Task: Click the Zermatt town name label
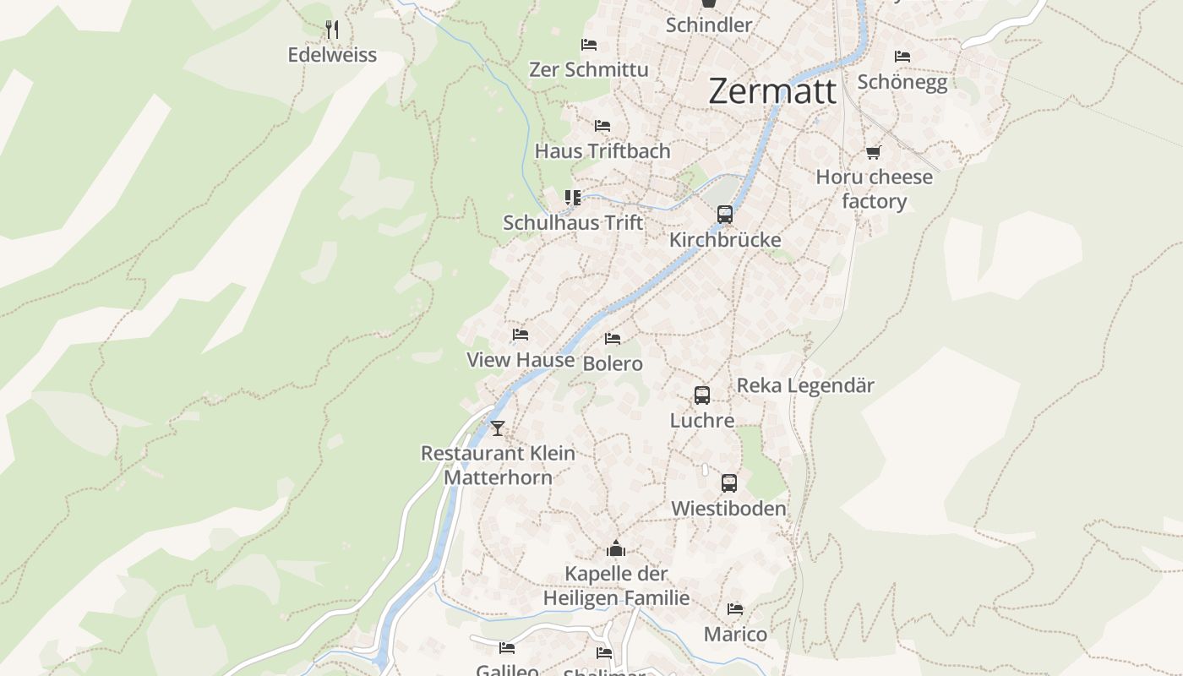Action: (x=772, y=91)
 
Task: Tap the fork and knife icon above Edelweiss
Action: (x=332, y=30)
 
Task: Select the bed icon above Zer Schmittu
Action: (x=589, y=44)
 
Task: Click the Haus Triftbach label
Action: (x=602, y=151)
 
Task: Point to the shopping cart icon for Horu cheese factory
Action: (x=873, y=152)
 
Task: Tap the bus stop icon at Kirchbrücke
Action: (x=724, y=215)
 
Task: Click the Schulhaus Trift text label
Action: (x=573, y=223)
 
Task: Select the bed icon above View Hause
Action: (x=521, y=335)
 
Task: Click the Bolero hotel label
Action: (x=613, y=363)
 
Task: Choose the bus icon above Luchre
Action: (x=701, y=395)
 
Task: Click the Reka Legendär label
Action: (x=805, y=385)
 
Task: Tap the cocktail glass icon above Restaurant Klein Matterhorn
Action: (x=498, y=428)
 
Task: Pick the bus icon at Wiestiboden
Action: (x=728, y=483)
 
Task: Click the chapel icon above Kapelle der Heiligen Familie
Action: (x=616, y=549)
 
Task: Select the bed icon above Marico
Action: (x=735, y=608)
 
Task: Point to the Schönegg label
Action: (x=902, y=82)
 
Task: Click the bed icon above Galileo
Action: (x=507, y=648)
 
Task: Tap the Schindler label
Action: (x=708, y=25)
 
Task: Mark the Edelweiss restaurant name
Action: (x=332, y=55)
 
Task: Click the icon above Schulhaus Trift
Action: (x=573, y=198)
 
